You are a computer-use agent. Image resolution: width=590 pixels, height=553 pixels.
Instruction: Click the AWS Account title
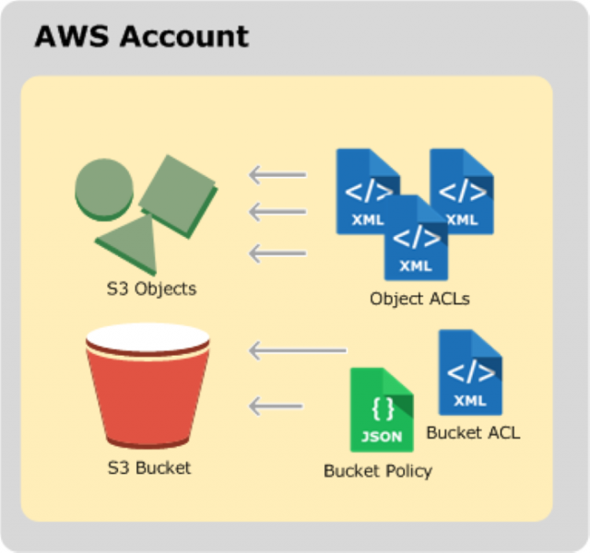141,36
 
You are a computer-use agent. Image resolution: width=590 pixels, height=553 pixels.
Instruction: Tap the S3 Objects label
151,288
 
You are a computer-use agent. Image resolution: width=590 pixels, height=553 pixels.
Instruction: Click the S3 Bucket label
148,467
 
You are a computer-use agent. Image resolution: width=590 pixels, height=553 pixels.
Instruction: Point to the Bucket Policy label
378,471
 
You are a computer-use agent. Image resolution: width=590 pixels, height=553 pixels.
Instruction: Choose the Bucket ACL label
473,431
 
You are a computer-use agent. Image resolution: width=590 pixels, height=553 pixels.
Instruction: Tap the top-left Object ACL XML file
363,189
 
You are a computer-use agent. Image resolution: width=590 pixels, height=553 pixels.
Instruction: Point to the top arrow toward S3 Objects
277,174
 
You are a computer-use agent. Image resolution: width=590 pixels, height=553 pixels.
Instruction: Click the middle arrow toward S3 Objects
277,213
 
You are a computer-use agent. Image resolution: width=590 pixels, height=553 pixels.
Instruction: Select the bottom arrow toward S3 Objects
277,253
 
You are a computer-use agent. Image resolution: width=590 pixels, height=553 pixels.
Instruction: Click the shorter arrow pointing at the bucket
276,405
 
